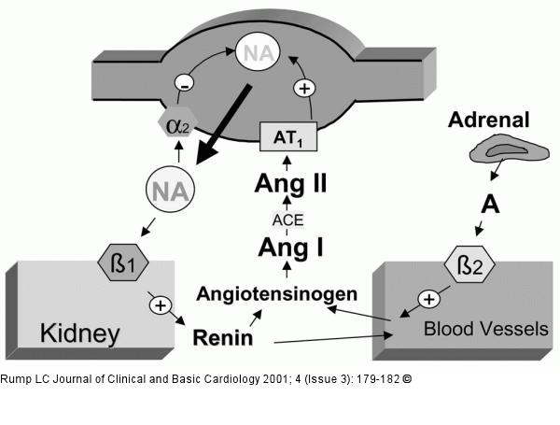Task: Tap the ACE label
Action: (x=287, y=219)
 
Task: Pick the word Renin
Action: (x=222, y=336)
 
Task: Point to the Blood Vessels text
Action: (x=485, y=329)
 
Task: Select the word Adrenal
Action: (x=488, y=119)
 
